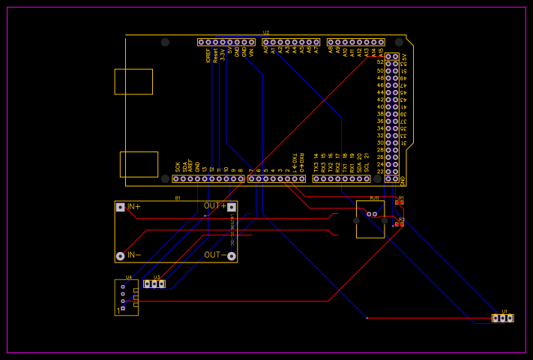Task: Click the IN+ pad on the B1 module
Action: pos(120,207)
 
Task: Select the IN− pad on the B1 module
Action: pos(120,256)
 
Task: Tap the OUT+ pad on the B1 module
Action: pos(232,207)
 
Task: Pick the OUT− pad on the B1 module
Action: pos(232,256)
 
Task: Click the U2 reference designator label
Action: pos(266,33)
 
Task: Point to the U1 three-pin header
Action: pos(503,318)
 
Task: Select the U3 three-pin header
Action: pos(154,284)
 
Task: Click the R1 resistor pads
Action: pos(400,202)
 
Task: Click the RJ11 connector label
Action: pos(374,198)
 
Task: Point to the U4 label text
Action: pos(129,277)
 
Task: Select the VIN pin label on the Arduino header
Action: pos(251,52)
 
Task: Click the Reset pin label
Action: pos(215,55)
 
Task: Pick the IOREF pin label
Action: pos(208,55)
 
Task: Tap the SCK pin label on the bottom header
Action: pos(178,167)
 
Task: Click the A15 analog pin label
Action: pos(381,52)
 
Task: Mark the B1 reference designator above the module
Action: pos(178,198)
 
